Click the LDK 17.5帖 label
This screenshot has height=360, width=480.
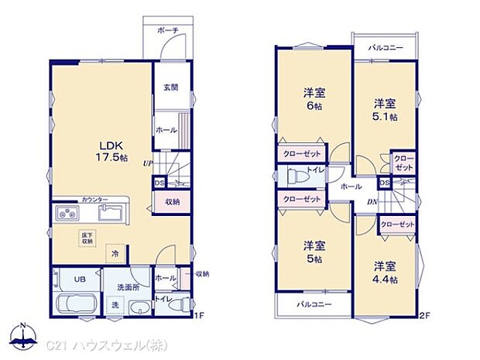tap(108, 149)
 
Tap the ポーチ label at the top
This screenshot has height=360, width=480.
tap(167, 30)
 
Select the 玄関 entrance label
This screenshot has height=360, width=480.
tap(170, 87)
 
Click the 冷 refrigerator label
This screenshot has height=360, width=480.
tap(115, 253)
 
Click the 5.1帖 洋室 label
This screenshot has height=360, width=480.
tap(386, 109)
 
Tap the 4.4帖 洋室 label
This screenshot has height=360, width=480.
tap(385, 272)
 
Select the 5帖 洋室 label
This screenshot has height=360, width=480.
tap(314, 252)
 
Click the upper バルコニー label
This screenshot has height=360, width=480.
tap(386, 47)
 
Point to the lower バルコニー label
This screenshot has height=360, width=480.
tap(314, 305)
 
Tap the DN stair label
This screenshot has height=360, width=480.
tap(372, 203)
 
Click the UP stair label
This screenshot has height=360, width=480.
tap(147, 163)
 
